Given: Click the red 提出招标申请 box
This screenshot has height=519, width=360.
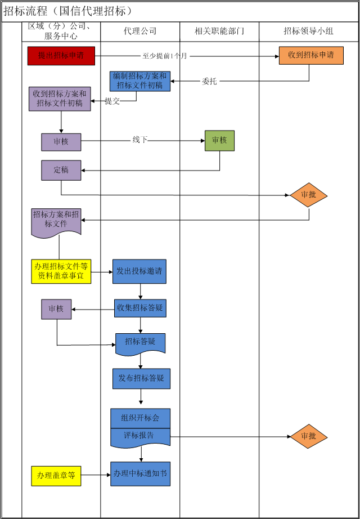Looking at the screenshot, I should click(61, 56).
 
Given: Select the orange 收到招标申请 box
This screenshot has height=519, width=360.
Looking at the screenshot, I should click(311, 56).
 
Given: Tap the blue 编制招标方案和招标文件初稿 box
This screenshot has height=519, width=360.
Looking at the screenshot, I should click(140, 81).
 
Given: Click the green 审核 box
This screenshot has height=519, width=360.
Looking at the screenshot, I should click(219, 141).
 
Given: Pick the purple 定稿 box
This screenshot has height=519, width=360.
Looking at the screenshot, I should click(61, 170).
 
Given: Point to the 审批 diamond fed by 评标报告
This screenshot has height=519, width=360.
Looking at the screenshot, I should click(308, 436).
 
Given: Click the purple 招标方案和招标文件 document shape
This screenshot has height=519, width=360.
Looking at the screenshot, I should click(56, 220).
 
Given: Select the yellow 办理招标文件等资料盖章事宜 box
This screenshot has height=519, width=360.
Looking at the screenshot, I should click(61, 271).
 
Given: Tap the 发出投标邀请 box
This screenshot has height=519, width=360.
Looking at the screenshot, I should click(139, 271).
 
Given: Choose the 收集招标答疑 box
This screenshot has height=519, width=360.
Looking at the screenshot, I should click(141, 308).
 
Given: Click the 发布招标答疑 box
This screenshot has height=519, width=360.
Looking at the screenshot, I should click(141, 378).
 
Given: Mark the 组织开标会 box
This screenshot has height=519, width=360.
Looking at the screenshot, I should click(141, 418).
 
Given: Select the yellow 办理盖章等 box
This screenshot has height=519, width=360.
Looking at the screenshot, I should click(56, 476).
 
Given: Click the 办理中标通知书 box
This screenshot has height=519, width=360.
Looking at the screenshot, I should click(141, 473).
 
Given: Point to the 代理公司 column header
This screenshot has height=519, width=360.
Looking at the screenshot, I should click(140, 32).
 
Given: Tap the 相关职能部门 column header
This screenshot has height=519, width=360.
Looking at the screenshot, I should click(219, 32).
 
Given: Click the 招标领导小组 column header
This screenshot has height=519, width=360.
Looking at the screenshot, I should click(309, 32).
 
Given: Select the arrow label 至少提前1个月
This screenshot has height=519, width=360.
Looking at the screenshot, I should click(165, 56).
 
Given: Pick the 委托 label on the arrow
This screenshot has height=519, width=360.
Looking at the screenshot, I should click(209, 82).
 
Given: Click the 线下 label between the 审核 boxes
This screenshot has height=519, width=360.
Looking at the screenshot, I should click(139, 140).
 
